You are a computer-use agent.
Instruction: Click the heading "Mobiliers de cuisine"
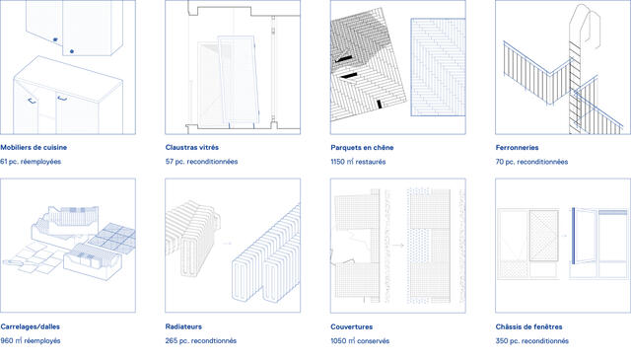coord(34,147)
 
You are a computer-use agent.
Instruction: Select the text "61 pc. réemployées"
coord(31,162)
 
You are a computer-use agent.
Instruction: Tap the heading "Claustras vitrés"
coord(192,147)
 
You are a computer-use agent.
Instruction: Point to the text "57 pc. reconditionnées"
coord(201,162)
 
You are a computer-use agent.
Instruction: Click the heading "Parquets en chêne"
coord(362,147)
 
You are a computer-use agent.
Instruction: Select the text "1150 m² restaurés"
coord(358,162)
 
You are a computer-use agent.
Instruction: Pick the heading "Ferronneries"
coord(517,147)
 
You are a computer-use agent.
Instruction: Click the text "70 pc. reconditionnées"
coord(531,162)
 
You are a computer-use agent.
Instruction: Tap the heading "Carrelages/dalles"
coord(31,326)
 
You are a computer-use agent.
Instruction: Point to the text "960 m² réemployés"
coord(31,340)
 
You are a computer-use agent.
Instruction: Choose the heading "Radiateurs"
coord(183,326)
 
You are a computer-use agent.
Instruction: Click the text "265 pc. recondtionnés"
coord(201,340)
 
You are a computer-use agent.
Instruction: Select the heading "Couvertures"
coord(351,326)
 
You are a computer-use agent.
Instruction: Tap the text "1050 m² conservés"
coord(360,340)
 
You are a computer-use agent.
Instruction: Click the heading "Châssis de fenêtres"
coord(528,326)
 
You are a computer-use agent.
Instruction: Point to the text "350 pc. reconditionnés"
coord(532,340)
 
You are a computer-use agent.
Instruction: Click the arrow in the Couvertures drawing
coord(398,245)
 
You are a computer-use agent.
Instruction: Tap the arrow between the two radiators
coord(228,243)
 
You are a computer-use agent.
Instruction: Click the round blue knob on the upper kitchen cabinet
coord(72,51)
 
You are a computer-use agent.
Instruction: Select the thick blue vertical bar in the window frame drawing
coord(573,236)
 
